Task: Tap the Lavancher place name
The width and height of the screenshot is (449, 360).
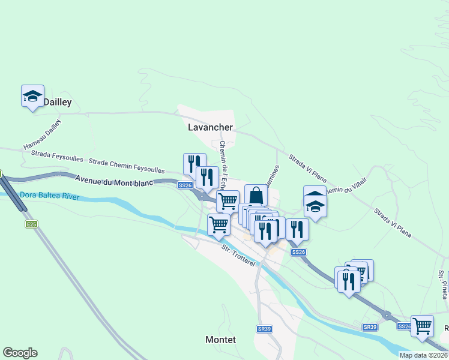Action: point(210,127)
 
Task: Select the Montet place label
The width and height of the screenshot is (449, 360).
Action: point(220,340)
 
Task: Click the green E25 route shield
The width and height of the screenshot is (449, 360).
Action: point(32,224)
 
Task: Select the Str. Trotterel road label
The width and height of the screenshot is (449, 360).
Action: point(238,256)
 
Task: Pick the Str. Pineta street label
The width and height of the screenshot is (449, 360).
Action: point(442,284)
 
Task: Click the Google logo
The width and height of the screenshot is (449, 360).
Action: point(20,353)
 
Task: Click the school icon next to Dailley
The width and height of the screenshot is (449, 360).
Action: point(33,96)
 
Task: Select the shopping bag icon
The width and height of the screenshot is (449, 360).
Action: point(256,196)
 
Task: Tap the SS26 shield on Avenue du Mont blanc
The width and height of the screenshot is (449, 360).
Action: point(185,185)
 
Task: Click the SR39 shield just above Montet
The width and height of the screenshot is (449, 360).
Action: point(264,329)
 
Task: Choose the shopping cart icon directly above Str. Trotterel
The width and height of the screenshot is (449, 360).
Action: point(219,225)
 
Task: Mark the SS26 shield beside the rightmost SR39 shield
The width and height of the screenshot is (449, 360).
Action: point(404,326)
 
